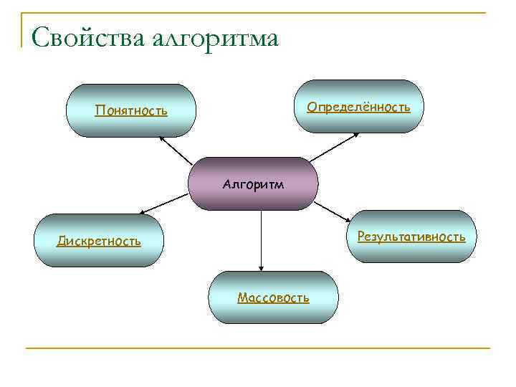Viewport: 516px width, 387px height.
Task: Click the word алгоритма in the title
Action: (216, 38)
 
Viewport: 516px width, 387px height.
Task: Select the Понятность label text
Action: (131, 111)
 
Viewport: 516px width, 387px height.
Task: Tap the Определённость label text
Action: (358, 107)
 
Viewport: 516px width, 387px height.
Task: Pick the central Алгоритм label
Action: (253, 184)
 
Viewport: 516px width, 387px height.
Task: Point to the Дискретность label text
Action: (99, 242)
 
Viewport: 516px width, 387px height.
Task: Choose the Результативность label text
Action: (411, 236)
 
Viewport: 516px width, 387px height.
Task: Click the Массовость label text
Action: (273, 297)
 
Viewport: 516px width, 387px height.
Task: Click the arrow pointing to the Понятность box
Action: (175, 150)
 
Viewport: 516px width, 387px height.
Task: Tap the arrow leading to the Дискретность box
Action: (166, 205)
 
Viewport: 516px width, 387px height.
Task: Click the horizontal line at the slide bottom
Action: (258, 348)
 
